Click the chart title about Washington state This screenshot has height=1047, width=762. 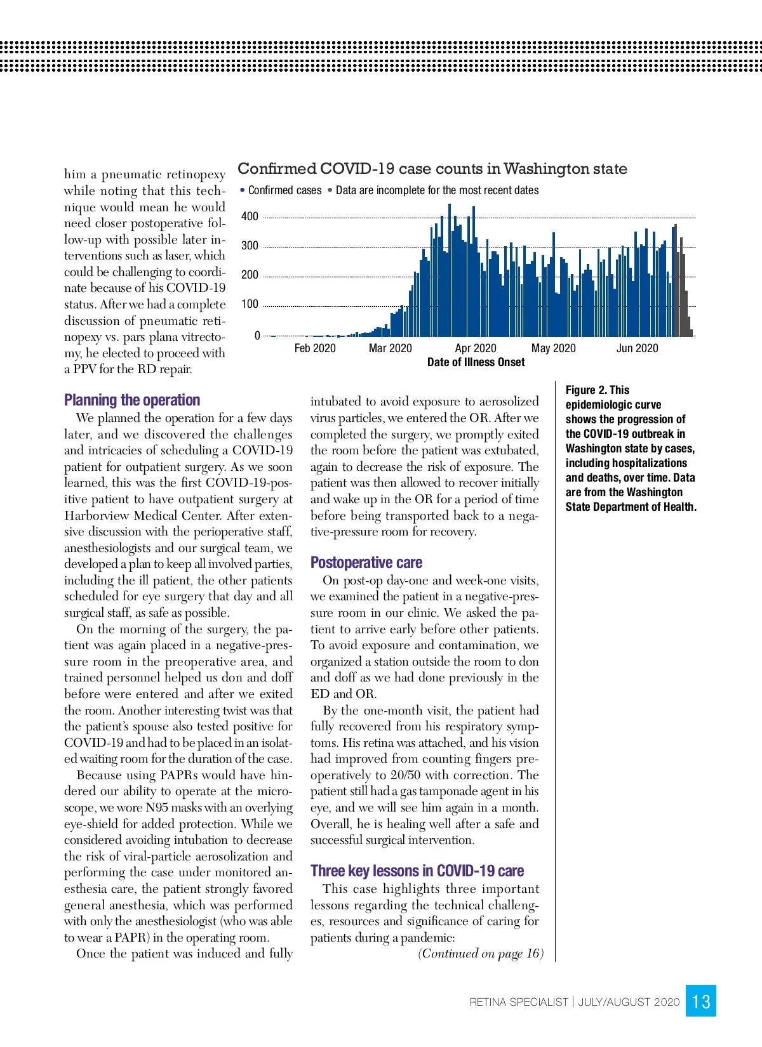tap(432, 169)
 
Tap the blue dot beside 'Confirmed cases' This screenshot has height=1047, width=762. tap(243, 190)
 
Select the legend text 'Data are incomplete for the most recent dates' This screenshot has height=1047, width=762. tap(437, 190)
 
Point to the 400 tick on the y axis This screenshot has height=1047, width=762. tap(250, 216)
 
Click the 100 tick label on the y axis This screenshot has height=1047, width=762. tap(250, 304)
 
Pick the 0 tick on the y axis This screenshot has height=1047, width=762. tap(257, 336)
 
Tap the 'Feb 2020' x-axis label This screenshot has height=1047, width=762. tap(315, 348)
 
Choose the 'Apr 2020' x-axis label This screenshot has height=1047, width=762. tap(476, 348)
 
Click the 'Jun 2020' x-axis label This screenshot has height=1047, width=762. tap(637, 348)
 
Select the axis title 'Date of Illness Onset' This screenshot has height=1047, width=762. tap(476, 362)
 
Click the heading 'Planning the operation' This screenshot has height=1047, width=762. tap(132, 400)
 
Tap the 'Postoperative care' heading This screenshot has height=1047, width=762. tap(366, 563)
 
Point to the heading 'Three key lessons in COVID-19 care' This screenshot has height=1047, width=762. tap(417, 871)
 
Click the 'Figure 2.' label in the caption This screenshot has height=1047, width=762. tap(586, 390)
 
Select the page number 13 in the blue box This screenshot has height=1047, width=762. tap(701, 1001)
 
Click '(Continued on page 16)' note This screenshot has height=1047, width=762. tap(481, 954)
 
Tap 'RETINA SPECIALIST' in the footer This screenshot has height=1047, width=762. tap(519, 1002)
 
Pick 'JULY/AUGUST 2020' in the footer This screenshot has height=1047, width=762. tap(629, 1002)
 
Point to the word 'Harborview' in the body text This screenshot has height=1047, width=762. tap(97, 516)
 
